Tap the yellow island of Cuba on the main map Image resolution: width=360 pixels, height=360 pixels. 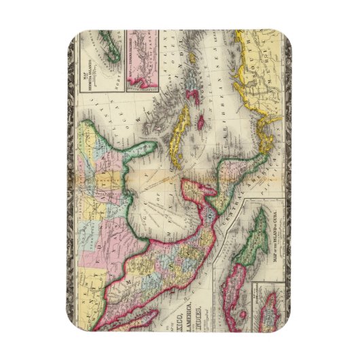point(181,132)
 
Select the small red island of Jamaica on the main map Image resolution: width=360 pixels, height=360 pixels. point(202,123)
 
